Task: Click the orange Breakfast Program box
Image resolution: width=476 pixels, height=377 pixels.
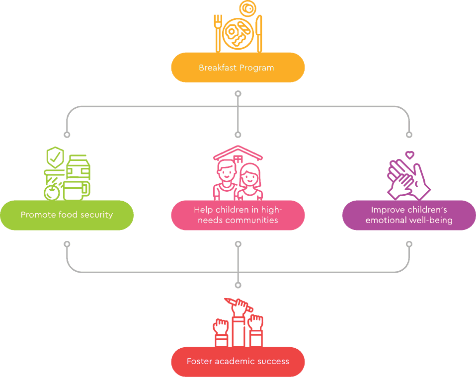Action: click(x=238, y=68)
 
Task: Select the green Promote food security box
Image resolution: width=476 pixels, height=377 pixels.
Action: click(x=67, y=215)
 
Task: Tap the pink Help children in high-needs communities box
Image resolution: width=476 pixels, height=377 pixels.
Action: click(x=238, y=215)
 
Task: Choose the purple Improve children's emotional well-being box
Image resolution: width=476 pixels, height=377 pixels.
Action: click(x=409, y=215)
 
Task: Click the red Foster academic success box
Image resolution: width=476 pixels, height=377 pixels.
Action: click(x=238, y=362)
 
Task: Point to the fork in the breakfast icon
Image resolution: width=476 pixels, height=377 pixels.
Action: click(x=218, y=33)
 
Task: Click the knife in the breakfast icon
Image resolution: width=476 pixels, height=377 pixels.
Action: click(x=259, y=34)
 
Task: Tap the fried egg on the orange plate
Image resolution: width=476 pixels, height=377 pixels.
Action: click(x=232, y=32)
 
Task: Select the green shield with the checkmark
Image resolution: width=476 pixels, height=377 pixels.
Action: click(x=55, y=157)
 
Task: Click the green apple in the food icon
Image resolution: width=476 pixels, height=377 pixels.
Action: click(x=52, y=192)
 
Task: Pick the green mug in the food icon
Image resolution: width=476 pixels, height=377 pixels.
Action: click(x=76, y=191)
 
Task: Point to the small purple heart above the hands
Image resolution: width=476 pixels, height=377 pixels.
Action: click(x=410, y=155)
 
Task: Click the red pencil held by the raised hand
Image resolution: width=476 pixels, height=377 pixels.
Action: click(x=238, y=305)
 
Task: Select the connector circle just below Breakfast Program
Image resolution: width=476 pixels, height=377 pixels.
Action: click(x=238, y=94)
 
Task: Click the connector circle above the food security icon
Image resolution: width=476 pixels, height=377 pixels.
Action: click(x=67, y=135)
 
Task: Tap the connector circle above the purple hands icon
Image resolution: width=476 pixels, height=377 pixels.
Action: click(x=409, y=135)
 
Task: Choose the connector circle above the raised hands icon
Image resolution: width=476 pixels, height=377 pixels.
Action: click(x=238, y=285)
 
